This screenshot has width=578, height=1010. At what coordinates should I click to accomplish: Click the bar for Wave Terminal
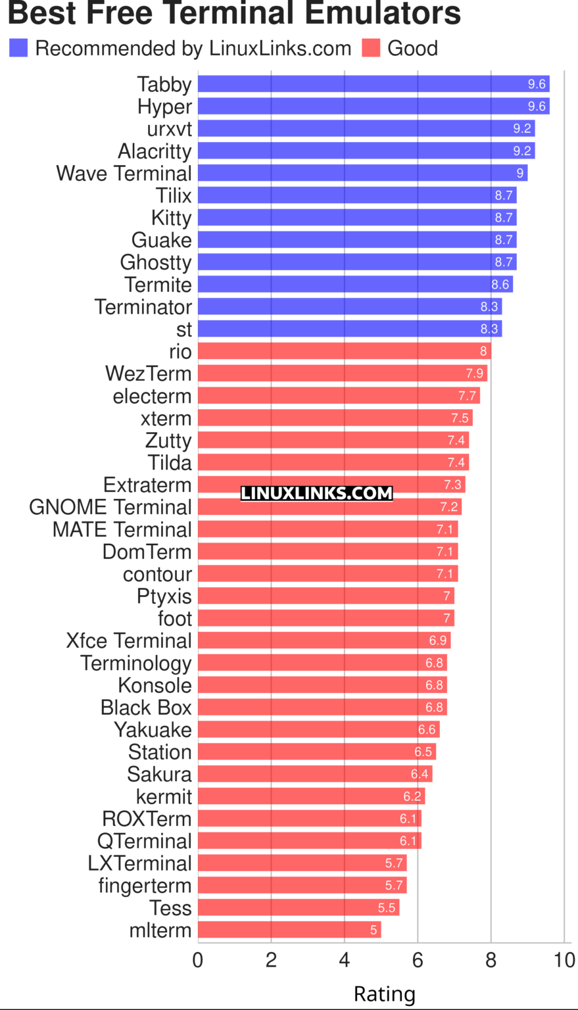362,173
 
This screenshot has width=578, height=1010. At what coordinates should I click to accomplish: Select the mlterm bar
289,930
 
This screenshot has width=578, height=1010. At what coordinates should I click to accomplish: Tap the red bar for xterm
335,418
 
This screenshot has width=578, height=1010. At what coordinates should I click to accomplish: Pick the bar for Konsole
322,685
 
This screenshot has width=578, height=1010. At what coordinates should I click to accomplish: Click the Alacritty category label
155,151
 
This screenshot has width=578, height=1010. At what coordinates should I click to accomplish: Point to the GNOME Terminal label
110,507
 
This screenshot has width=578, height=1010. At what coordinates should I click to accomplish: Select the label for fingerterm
145,886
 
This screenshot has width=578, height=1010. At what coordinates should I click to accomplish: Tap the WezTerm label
148,373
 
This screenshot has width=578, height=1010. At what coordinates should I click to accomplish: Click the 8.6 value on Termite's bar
500,285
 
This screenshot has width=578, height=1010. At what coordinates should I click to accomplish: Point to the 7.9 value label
475,373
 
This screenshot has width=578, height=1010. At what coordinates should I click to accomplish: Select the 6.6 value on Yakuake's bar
427,729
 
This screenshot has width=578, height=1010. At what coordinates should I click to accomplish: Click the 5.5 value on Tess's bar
387,907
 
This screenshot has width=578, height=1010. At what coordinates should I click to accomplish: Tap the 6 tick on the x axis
418,960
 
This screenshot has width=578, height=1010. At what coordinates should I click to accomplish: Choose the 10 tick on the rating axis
564,960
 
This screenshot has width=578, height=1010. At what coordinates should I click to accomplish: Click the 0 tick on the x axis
198,960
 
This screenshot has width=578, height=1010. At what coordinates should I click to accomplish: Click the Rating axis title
385,994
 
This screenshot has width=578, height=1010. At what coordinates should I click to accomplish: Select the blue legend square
18,48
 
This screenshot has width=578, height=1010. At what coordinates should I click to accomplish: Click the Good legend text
412,48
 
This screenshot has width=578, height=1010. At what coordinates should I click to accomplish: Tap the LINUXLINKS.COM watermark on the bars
316,493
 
